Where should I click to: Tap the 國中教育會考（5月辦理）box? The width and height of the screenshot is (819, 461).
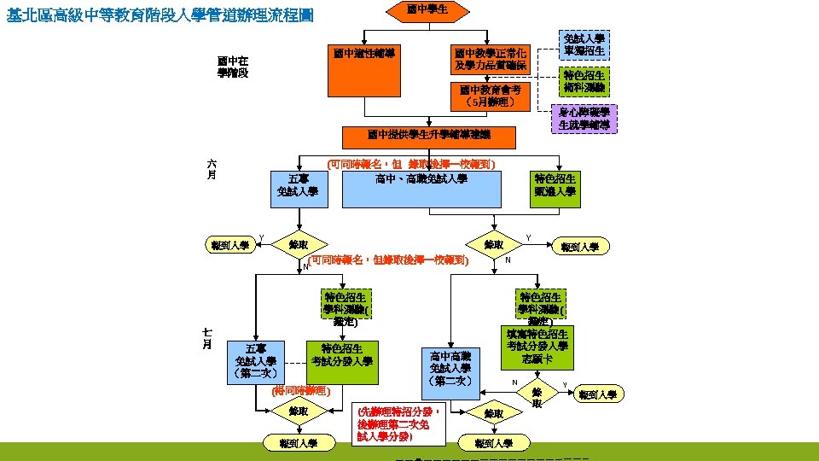[x=490, y=96]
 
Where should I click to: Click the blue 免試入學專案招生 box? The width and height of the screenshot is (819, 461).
[x=584, y=44]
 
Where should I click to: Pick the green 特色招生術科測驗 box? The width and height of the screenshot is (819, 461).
[x=584, y=82]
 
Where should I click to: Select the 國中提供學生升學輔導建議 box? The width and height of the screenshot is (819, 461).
[x=428, y=135]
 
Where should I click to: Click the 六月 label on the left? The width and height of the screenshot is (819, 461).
[x=211, y=168]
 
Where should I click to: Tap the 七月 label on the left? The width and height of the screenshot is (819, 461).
[x=206, y=338]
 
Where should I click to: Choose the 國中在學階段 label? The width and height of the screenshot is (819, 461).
[x=232, y=67]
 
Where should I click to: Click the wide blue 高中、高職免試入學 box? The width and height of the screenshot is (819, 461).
[x=421, y=190]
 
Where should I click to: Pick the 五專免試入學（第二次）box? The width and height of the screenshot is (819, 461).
[x=255, y=361]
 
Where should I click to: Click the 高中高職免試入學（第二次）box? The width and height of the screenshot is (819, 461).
[x=451, y=368]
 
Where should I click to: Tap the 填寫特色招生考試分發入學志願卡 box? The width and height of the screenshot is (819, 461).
[x=537, y=346]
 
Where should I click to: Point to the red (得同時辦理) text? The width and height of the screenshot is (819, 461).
[x=299, y=391]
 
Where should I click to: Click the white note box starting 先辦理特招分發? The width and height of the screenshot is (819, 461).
[x=399, y=423]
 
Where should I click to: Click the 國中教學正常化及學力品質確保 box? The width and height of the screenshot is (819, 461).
[x=490, y=59]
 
